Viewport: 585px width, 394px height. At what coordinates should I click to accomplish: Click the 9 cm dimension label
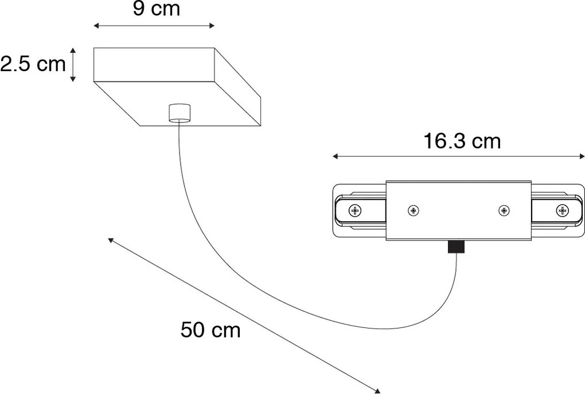[x=156, y=9]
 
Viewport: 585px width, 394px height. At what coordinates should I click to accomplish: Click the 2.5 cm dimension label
[x=33, y=64]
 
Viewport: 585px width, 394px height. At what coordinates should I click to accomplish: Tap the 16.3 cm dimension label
[x=462, y=141]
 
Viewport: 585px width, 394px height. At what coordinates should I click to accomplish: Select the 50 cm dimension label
[x=210, y=330]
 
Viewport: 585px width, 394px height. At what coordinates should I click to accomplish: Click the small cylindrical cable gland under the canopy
[x=179, y=113]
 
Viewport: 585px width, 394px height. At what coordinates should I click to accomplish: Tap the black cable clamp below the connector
[x=456, y=247]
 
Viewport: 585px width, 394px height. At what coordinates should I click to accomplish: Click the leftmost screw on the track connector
[x=356, y=211]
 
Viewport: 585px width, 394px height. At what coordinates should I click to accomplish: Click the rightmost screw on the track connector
[x=561, y=211]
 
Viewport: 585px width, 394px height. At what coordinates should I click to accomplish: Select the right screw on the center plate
[x=504, y=211]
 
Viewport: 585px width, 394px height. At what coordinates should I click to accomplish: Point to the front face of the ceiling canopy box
[x=154, y=65]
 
